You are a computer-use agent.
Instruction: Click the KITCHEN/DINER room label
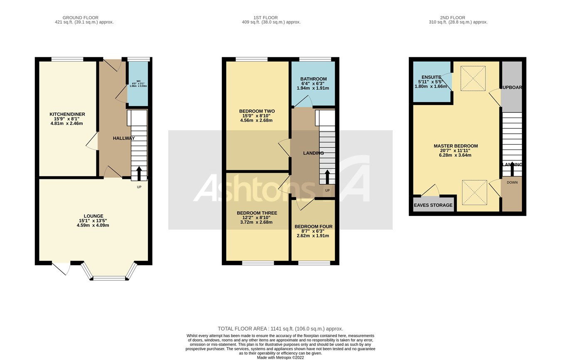[x=67, y=114]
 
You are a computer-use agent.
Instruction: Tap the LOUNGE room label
[x=93, y=216]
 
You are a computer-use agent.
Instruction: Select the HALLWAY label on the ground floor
[x=123, y=138]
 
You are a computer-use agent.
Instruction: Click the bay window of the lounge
[x=109, y=277]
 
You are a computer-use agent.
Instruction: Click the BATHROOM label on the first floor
[x=313, y=79]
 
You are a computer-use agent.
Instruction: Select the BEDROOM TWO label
[x=257, y=111]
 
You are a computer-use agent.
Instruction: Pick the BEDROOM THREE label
[x=257, y=213]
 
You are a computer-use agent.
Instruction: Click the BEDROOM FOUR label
[x=313, y=227]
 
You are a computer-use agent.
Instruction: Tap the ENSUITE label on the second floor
[x=431, y=77]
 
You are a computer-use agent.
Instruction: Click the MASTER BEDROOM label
[x=455, y=146]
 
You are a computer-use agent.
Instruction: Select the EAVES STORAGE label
[x=433, y=205]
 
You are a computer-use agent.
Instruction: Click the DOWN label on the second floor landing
[x=512, y=182]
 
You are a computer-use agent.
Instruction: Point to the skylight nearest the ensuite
[x=473, y=78]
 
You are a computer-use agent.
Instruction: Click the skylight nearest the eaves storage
[x=474, y=192]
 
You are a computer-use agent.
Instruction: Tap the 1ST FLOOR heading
[x=266, y=18]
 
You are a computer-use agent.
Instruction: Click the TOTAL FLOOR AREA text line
[x=280, y=329]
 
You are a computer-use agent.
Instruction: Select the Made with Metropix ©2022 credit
[x=280, y=358]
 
